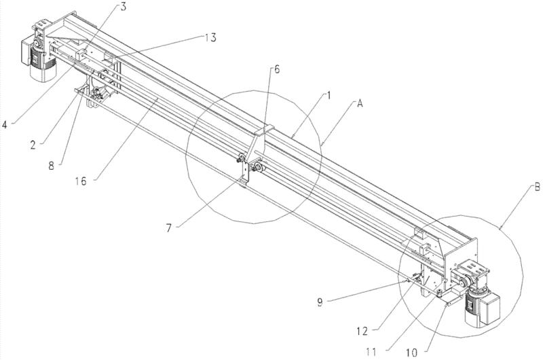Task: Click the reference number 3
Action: point(122,6)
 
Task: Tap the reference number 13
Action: point(210,37)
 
